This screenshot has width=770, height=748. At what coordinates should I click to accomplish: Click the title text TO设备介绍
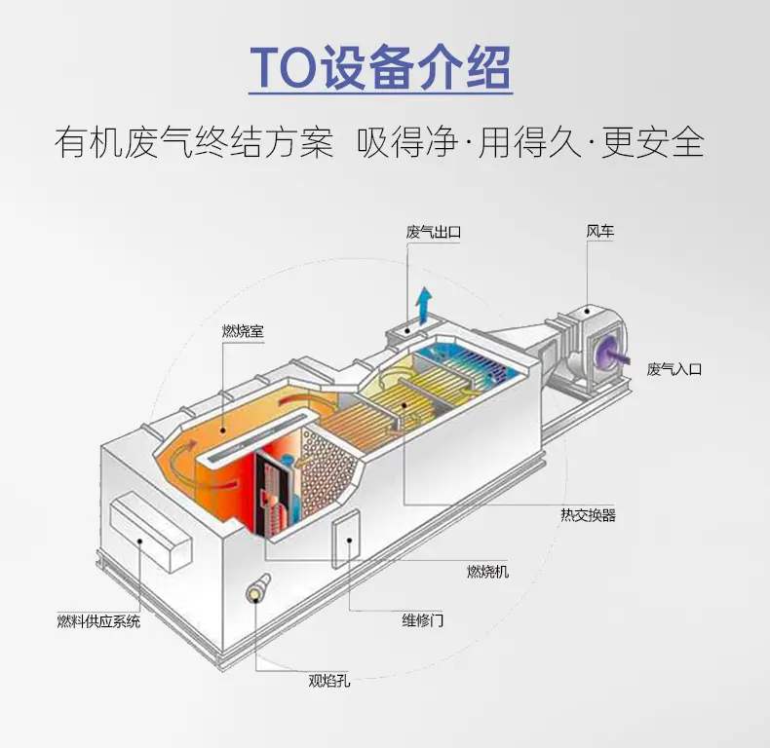coord(380,68)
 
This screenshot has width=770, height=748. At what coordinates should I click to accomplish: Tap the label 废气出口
coord(433,232)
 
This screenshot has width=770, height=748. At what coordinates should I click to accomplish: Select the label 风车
coord(600,231)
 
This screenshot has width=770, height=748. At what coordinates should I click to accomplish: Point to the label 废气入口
coord(674,369)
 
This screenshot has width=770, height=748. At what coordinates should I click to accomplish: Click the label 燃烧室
coord(243,331)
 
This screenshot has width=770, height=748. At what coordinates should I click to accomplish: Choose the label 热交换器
coord(588,515)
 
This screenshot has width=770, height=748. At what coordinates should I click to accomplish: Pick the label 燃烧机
coord(487,572)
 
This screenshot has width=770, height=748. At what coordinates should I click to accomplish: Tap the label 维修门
coord(422,620)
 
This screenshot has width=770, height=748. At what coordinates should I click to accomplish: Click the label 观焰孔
coord(329,681)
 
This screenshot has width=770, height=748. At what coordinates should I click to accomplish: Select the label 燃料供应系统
coord(98,621)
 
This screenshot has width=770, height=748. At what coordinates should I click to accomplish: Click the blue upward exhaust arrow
coord(424,304)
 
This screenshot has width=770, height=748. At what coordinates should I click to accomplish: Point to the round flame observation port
coord(257,590)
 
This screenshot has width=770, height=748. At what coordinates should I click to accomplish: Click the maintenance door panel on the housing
coord(346,539)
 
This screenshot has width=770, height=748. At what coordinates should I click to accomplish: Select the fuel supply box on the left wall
coord(150,531)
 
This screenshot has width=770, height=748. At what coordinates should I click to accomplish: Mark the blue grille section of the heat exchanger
coord(467,362)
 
